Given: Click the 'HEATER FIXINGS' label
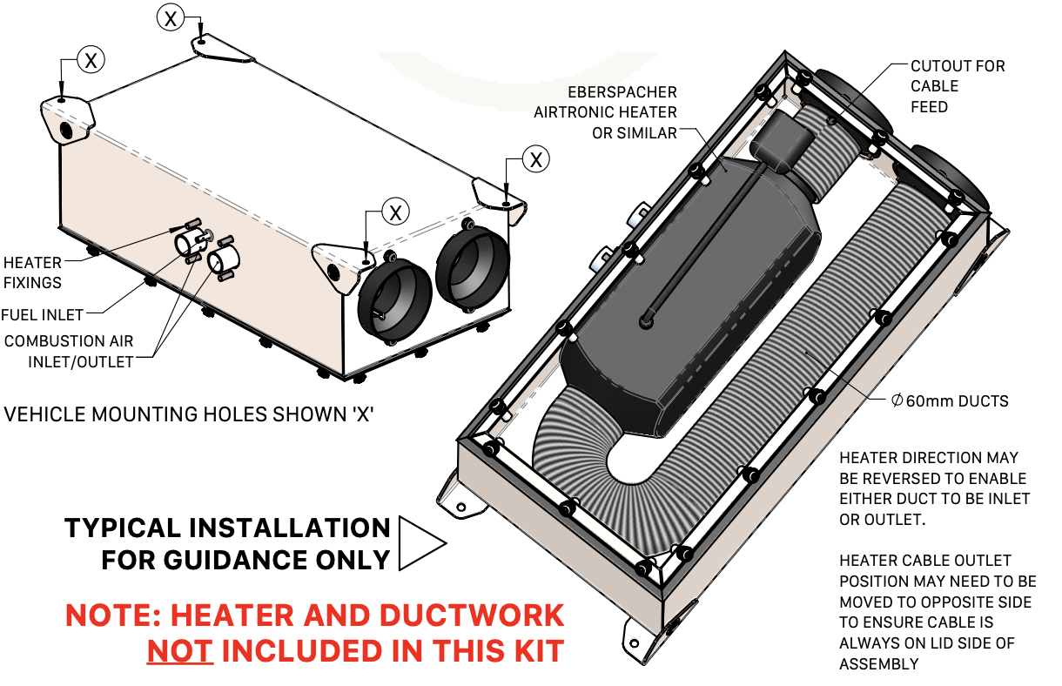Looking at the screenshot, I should [x=32, y=272].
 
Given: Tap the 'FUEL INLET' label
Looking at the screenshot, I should [x=43, y=314].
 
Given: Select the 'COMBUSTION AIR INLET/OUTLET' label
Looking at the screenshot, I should [x=69, y=351].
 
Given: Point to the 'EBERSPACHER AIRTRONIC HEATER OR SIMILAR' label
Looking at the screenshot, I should [x=605, y=112].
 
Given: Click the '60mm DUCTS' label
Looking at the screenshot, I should [x=950, y=401].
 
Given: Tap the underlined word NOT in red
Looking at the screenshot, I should [x=179, y=650].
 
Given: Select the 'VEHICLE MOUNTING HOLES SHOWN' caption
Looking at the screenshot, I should [x=189, y=414].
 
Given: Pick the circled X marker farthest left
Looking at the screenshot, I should [x=91, y=59].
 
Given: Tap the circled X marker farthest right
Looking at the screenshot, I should [x=536, y=159].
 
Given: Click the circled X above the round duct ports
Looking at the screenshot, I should [x=396, y=212].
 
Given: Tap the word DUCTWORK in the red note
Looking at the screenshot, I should [x=471, y=615].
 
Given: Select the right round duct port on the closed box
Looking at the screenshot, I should [x=472, y=266].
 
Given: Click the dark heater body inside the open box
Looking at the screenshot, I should [x=688, y=287].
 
